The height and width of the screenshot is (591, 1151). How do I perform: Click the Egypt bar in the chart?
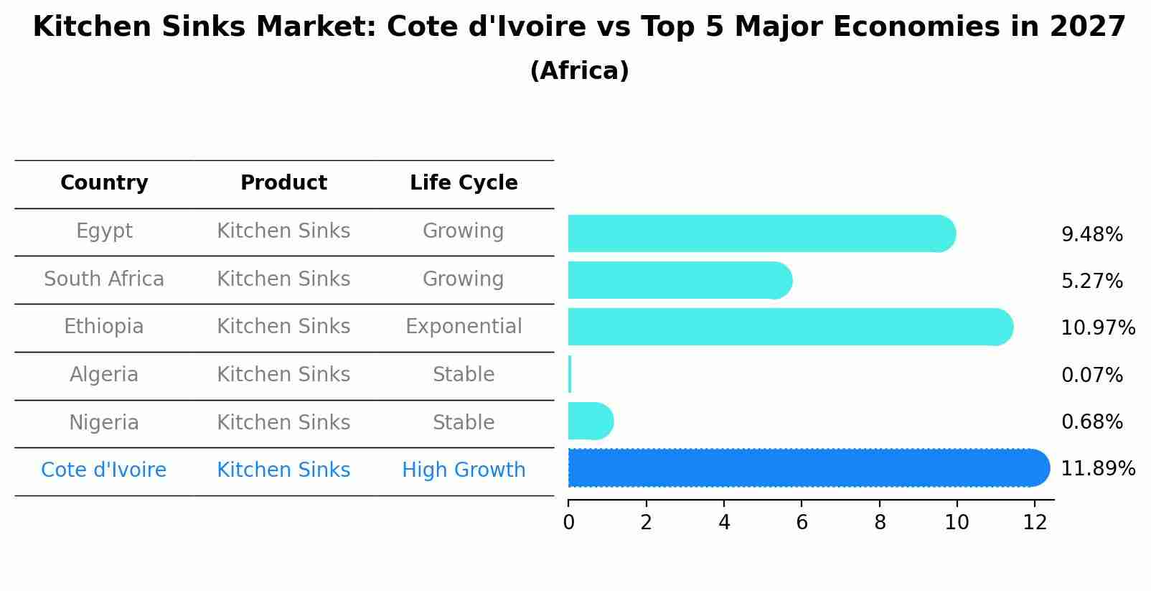click(761, 233)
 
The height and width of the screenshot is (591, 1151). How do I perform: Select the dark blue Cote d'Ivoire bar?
click(808, 468)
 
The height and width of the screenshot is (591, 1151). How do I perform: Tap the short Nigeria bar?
click(591, 421)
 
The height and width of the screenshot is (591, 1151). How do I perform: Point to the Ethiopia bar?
click(789, 327)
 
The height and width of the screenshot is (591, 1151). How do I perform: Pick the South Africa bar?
click(680, 280)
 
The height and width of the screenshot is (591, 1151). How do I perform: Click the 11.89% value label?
click(1098, 469)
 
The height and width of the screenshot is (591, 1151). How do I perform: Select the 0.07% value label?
click(1091, 375)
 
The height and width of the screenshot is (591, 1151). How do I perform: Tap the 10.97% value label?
click(1098, 328)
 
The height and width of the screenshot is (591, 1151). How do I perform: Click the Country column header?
click(104, 183)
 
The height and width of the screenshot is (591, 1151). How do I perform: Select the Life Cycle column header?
click(464, 183)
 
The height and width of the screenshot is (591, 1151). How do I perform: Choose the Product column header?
click(283, 183)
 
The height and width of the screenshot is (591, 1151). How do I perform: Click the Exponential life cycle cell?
click(464, 327)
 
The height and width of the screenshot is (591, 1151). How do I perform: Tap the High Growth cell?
click(464, 470)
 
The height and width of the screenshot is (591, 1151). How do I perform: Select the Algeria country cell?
click(104, 375)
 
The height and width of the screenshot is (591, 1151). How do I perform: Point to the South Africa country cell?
click(104, 279)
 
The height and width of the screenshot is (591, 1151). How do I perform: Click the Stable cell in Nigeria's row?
click(464, 422)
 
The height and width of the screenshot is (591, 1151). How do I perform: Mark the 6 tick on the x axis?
click(802, 522)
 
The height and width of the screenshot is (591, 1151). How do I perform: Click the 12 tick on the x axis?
click(1035, 522)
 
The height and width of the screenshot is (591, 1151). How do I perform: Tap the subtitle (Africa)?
click(579, 71)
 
